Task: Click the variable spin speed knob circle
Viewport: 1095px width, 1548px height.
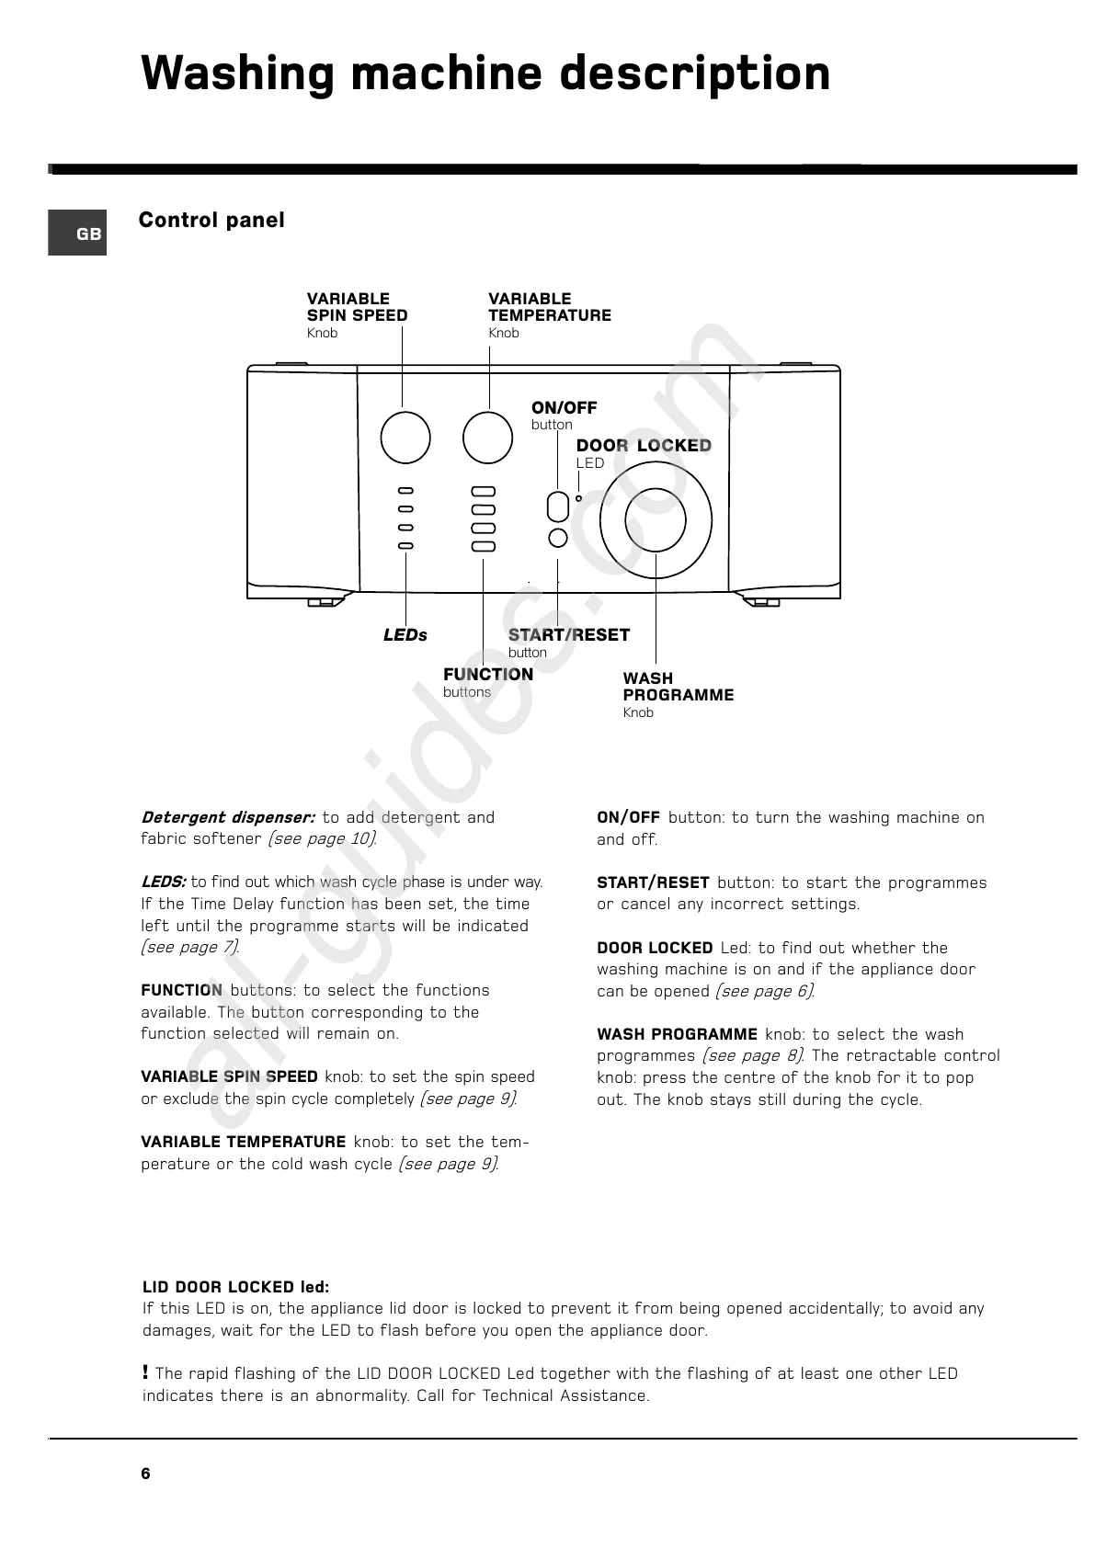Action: point(405,438)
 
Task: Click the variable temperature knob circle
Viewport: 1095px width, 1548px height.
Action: point(487,438)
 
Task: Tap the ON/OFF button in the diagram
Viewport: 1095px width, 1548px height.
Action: point(557,507)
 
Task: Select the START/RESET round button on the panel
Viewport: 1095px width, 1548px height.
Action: point(557,539)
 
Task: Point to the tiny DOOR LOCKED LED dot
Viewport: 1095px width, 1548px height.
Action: point(578,499)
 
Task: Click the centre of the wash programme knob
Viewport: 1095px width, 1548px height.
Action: point(655,520)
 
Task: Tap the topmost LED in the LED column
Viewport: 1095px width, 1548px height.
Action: point(405,491)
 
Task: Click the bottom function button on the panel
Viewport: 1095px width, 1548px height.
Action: point(483,547)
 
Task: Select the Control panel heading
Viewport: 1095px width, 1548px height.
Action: point(211,221)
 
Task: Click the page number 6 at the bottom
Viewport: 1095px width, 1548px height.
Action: point(146,1474)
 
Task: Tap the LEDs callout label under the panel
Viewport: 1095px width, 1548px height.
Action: point(405,635)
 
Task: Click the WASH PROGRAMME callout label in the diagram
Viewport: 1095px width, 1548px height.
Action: point(678,687)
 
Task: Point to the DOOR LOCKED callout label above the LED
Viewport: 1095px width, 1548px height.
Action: point(644,446)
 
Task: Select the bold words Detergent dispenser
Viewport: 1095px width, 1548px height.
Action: point(228,817)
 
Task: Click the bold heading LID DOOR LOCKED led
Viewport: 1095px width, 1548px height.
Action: point(235,1287)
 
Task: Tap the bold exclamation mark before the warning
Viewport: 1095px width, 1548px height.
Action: point(146,1372)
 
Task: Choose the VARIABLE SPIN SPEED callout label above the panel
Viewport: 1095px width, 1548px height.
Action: point(357,307)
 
